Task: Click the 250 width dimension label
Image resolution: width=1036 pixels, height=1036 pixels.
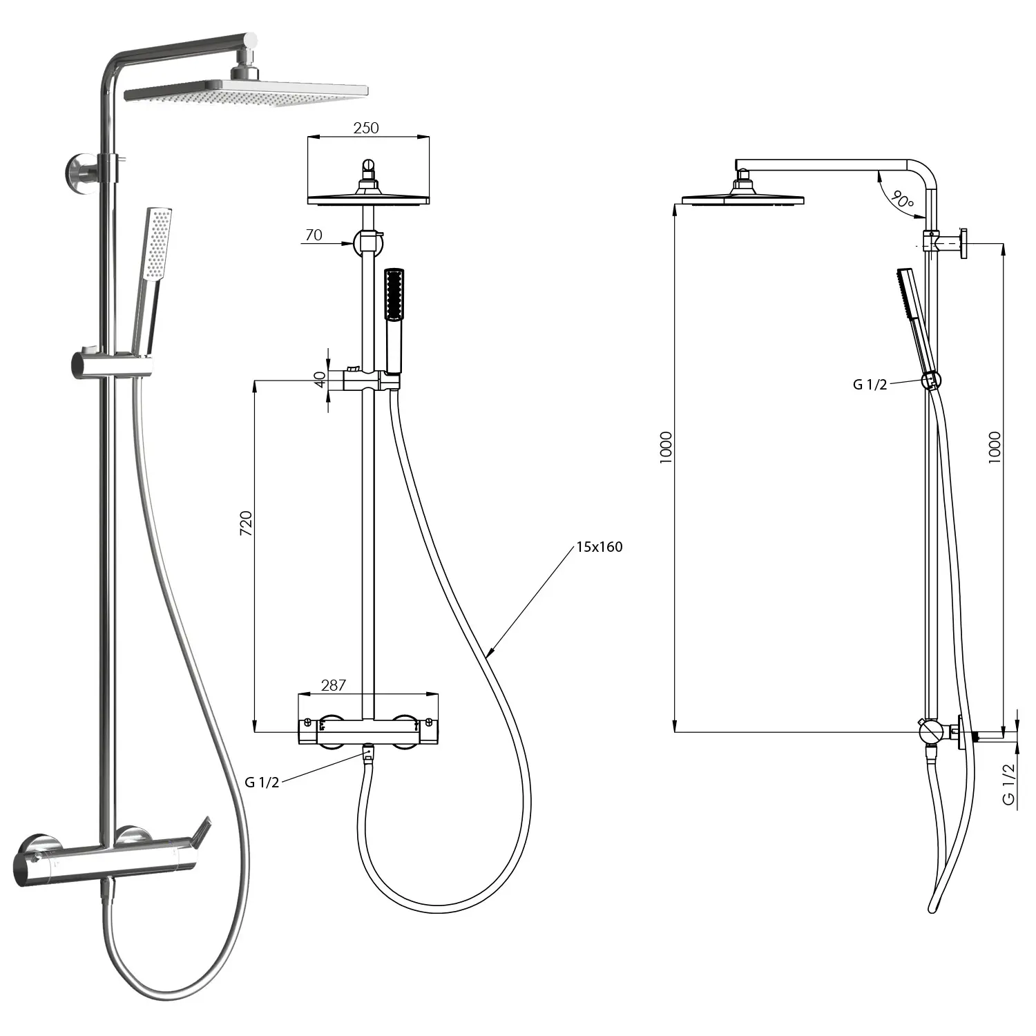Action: pyautogui.click(x=366, y=128)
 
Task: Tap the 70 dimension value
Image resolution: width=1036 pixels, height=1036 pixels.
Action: pyautogui.click(x=314, y=235)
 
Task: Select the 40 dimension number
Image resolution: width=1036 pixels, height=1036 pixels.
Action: pyautogui.click(x=320, y=379)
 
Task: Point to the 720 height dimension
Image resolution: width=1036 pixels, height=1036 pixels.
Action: pyautogui.click(x=246, y=524)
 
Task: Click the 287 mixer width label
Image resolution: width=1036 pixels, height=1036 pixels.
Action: pyautogui.click(x=334, y=685)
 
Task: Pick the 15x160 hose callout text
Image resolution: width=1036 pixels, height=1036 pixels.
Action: pyautogui.click(x=599, y=547)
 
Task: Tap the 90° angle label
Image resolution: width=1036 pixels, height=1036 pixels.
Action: pyautogui.click(x=902, y=200)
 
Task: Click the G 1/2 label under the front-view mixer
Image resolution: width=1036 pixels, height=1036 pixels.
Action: pyautogui.click(x=262, y=783)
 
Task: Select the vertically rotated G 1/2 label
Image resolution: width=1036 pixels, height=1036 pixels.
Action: pyautogui.click(x=1009, y=784)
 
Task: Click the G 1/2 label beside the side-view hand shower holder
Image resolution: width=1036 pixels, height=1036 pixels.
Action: pyautogui.click(x=870, y=385)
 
